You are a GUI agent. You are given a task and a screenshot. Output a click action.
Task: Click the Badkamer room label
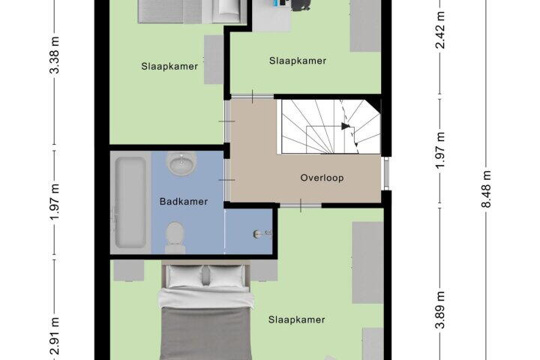tap(184, 202)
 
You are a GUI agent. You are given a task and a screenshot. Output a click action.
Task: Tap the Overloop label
tap(322, 178)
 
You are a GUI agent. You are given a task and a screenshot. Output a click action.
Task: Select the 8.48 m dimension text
tap(485, 189)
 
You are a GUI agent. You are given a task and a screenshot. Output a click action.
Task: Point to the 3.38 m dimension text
tap(55, 55)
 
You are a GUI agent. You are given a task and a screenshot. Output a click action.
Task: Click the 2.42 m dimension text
tap(441, 30)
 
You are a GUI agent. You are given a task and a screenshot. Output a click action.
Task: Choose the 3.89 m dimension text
tap(441, 310)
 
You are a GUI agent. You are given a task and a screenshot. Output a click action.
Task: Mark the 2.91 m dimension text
tap(55, 337)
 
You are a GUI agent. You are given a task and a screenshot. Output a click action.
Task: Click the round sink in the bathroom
tap(181, 162)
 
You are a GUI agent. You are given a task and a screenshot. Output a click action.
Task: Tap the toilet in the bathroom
tap(175, 237)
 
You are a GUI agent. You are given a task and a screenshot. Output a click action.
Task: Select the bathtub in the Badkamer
tap(130, 202)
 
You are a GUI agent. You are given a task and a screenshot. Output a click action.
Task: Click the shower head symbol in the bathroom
tap(262, 234)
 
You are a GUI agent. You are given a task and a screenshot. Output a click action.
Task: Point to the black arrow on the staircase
tap(346, 127)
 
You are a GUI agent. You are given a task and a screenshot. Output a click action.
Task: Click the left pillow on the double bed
tap(185, 275)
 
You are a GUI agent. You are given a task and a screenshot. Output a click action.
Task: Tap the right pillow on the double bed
tap(226, 275)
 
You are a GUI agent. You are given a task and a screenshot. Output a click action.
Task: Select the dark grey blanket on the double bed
tap(206, 334)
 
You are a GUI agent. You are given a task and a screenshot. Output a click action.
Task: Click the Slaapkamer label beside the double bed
tap(296, 319)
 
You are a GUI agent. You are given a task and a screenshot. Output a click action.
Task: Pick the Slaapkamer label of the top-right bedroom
tap(298, 61)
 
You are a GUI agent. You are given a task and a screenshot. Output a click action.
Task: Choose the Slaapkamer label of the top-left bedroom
tap(169, 66)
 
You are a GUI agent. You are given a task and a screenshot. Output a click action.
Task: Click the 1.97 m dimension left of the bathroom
tap(55, 202)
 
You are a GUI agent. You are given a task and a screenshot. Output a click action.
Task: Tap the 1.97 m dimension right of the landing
tap(441, 151)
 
